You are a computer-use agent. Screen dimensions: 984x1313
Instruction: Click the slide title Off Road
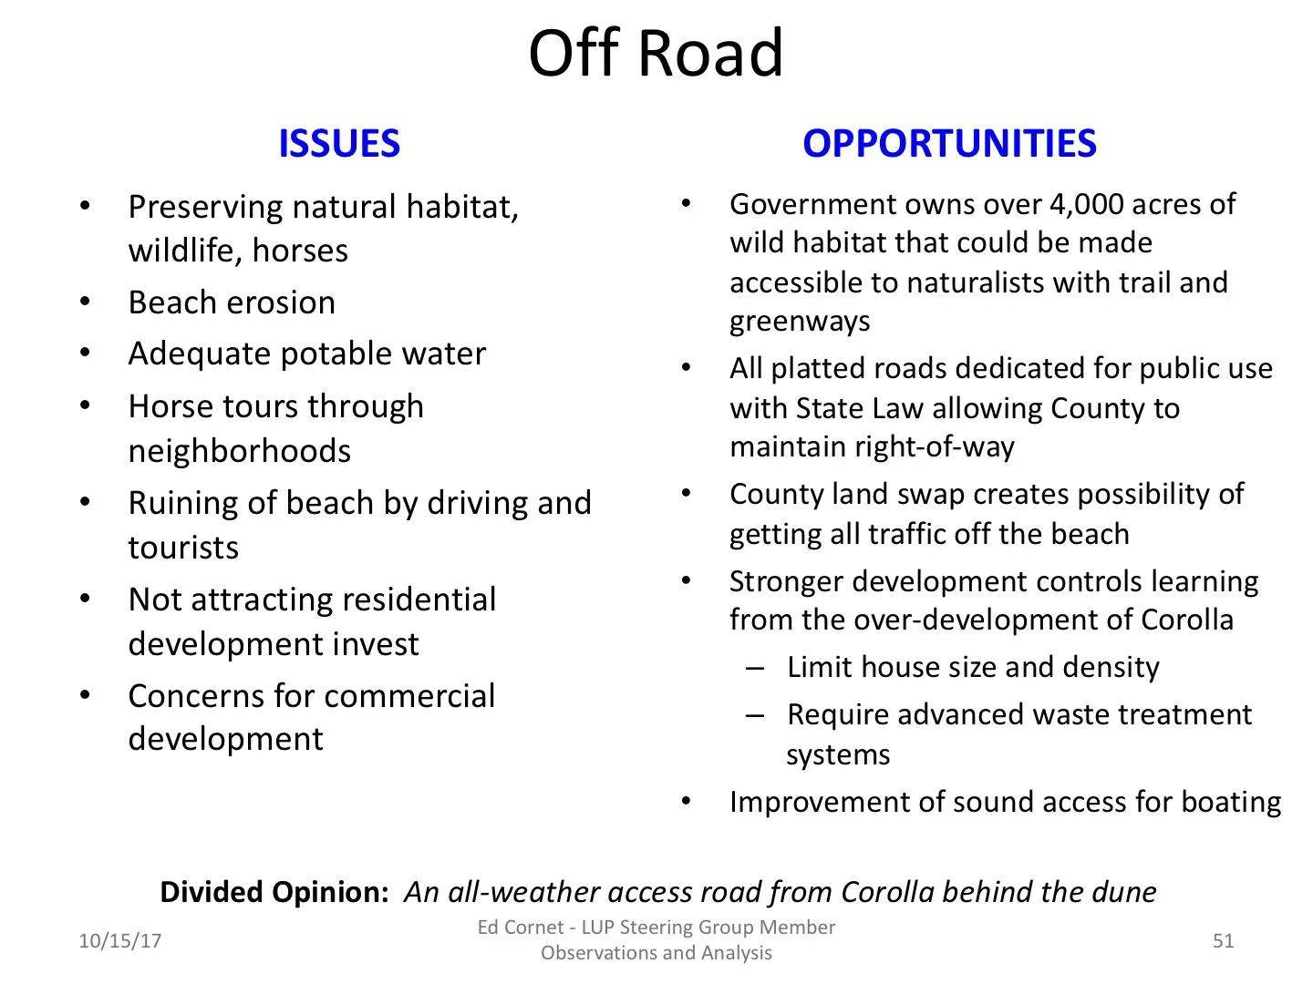click(656, 53)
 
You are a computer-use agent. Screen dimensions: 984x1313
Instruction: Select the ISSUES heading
click(339, 144)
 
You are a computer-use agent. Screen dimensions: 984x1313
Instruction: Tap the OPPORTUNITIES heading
click(949, 144)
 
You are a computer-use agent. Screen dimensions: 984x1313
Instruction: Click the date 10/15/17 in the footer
click(119, 940)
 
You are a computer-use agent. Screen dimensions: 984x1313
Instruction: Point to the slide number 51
click(1223, 940)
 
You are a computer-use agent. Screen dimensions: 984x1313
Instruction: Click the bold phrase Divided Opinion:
click(274, 891)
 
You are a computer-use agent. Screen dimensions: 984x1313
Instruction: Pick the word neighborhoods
click(240, 451)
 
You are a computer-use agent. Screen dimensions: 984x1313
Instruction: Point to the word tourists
click(183, 548)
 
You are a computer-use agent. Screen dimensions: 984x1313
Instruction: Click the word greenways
click(800, 322)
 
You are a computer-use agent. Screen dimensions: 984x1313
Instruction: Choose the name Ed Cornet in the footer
click(521, 928)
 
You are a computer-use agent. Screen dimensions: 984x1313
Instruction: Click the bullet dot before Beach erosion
click(85, 302)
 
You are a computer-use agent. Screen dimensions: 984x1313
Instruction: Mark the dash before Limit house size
click(754, 668)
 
